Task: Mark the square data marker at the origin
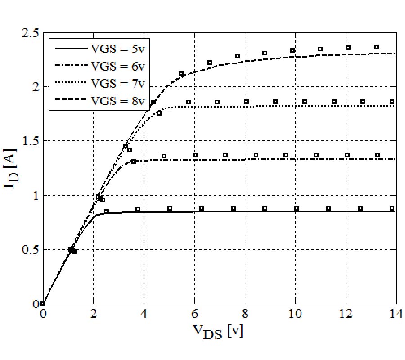pos(43,303)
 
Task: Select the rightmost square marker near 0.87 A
pos(392,208)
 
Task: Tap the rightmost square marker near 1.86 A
pos(392,102)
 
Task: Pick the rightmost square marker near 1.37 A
pos(377,155)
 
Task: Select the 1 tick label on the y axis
pos(34,195)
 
